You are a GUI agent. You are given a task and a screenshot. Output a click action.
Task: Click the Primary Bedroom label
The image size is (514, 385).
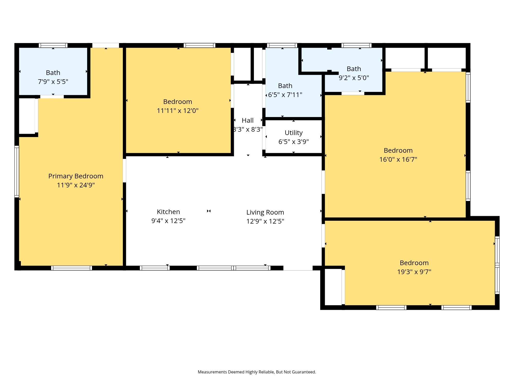[x=76, y=176]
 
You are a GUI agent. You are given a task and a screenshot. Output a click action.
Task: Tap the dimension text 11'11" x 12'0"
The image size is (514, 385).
[x=178, y=111]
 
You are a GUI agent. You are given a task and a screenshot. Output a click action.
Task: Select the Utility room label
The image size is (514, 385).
[x=293, y=133]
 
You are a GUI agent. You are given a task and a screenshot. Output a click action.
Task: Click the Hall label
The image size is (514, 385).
[x=247, y=120]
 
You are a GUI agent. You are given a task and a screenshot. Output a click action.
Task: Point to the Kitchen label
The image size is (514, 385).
[x=168, y=212]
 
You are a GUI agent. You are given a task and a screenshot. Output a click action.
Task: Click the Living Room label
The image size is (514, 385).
[x=265, y=212]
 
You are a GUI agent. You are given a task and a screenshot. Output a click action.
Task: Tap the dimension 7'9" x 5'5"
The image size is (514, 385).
[x=53, y=82]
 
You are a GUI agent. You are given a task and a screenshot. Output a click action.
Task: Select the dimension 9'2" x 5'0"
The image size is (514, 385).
[x=354, y=78]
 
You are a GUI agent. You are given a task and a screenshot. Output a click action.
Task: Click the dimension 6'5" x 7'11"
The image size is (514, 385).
[x=285, y=95]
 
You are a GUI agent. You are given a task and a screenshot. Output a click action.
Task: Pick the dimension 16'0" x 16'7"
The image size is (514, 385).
[x=398, y=159]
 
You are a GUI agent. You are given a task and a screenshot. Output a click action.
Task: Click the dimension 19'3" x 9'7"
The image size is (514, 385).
[x=414, y=272]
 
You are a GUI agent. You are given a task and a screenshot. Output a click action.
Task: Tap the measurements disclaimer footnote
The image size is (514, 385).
[x=257, y=372]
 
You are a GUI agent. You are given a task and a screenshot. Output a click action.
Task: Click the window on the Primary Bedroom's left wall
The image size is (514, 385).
[x=17, y=171]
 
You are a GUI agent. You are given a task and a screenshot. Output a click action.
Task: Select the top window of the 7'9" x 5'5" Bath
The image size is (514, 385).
[x=53, y=45]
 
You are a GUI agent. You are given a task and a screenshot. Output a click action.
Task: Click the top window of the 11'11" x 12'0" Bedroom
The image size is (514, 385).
[x=199, y=45]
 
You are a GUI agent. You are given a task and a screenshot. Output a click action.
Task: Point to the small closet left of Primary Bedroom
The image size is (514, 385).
[x=27, y=116]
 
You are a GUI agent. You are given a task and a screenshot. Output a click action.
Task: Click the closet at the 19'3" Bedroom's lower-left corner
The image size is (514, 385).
[x=333, y=287]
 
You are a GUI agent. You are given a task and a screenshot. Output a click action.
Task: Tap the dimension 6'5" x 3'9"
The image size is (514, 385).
[x=293, y=142]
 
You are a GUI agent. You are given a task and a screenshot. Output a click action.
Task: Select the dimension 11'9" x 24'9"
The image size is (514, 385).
[x=76, y=185]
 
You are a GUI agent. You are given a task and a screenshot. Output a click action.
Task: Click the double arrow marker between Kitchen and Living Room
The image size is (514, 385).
[x=209, y=211]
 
